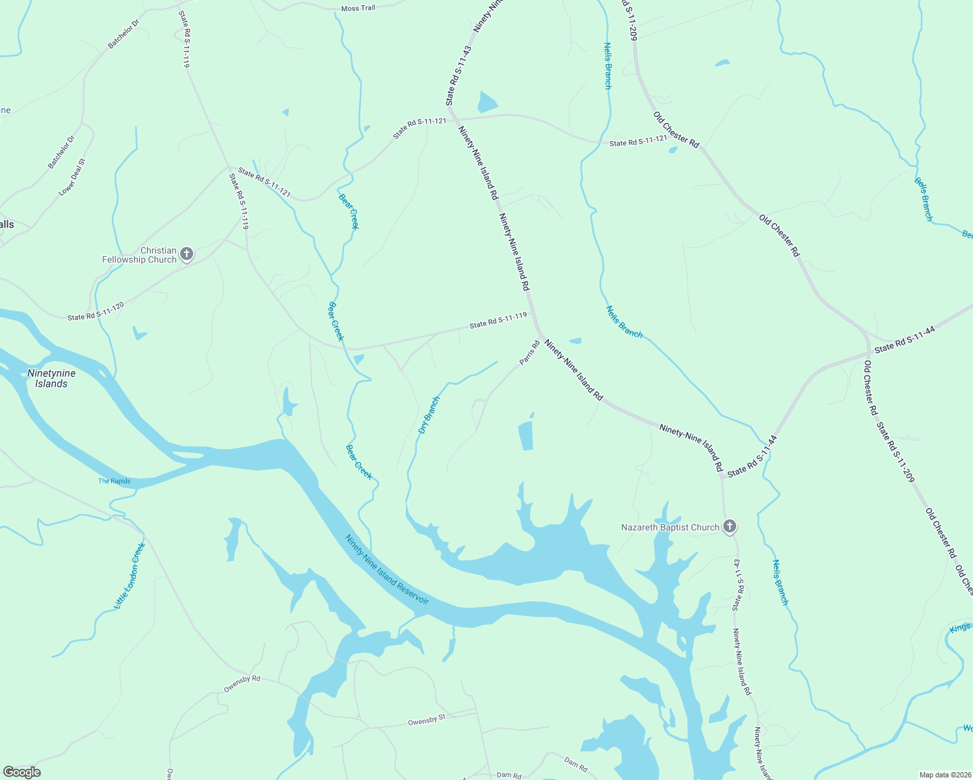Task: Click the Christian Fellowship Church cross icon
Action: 187,254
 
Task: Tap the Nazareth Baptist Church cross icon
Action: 730,526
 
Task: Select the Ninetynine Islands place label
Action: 51,378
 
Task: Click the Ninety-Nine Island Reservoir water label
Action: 387,570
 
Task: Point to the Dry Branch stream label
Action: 429,415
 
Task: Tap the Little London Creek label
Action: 129,576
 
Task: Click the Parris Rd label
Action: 529,352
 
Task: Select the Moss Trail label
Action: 358,8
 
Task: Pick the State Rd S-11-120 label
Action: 96,311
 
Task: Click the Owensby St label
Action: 427,720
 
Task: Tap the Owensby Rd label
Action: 242,683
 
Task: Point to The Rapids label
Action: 114,481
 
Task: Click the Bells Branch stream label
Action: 924,199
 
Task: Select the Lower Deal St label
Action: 72,177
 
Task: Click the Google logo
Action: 21,772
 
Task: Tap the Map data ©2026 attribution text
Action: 944,775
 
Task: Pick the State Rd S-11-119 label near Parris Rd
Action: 498,320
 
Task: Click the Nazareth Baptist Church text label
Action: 670,527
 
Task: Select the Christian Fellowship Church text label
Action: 139,255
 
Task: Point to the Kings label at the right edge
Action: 959,628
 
